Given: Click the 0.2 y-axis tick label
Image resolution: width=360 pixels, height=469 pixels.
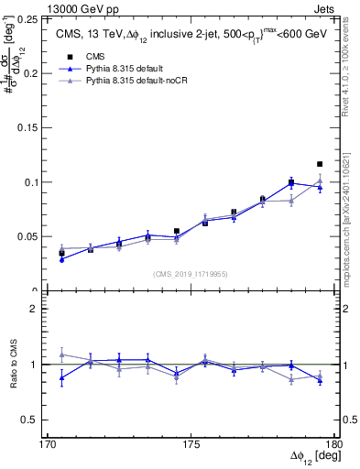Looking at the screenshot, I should point(30,73).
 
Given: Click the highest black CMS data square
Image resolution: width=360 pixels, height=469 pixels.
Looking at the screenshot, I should point(320,164).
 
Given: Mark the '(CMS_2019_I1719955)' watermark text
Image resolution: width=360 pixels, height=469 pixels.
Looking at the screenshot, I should point(191,273).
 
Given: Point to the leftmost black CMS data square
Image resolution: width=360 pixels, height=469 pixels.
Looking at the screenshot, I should point(61,252).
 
